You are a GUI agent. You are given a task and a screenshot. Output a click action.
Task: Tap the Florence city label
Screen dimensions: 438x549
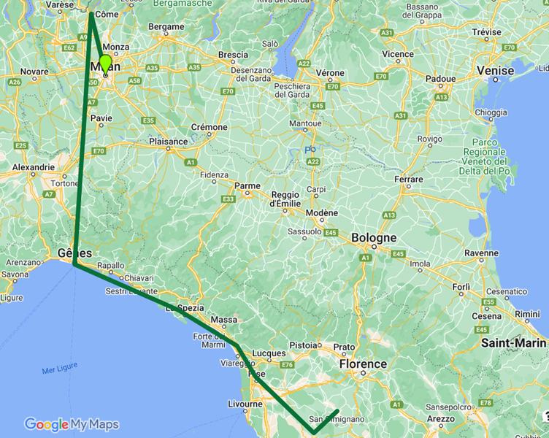pyautogui.click(x=363, y=364)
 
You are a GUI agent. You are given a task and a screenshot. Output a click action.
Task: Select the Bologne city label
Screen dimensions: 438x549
pyautogui.click(x=374, y=238)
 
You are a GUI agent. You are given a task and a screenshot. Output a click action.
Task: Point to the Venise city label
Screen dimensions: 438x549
pyautogui.click(x=495, y=70)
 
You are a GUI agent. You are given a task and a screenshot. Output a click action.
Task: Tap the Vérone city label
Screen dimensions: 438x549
pyautogui.click(x=330, y=73)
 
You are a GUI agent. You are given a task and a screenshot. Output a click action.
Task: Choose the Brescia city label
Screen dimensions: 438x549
pyautogui.click(x=233, y=55)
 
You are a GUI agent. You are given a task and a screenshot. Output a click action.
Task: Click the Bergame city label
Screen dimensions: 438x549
pyautogui.click(x=166, y=28)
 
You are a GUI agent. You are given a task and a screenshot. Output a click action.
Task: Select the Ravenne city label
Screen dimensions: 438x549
pyautogui.click(x=481, y=253)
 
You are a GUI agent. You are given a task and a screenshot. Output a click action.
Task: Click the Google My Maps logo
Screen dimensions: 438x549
pyautogui.click(x=71, y=424)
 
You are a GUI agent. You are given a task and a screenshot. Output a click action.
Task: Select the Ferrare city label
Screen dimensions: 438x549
pyautogui.click(x=408, y=179)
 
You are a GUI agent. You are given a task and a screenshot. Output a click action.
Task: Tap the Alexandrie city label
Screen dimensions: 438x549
pyautogui.click(x=34, y=167)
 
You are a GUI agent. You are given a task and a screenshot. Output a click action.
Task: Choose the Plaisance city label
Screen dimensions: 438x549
pyautogui.click(x=168, y=142)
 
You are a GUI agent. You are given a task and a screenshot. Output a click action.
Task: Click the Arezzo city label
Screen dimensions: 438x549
pyautogui.click(x=439, y=419)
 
